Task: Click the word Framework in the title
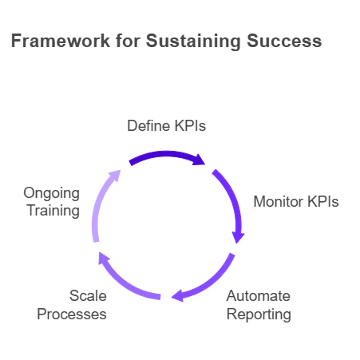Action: pyautogui.click(x=61, y=41)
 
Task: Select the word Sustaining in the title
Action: pyautogui.click(x=193, y=42)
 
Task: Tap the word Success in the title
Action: pyautogui.click(x=284, y=41)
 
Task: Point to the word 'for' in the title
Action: pyautogui.click(x=128, y=41)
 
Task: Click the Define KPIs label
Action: pyautogui.click(x=167, y=125)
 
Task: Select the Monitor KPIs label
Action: pyautogui.click(x=296, y=201)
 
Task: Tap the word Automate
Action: pyautogui.click(x=259, y=295)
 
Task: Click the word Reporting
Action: pyautogui.click(x=259, y=315)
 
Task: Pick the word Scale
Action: pyautogui.click(x=88, y=295)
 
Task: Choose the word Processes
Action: pyautogui.click(x=72, y=314)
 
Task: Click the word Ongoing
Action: pyautogui.click(x=52, y=193)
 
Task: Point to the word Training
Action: pyautogui.click(x=53, y=212)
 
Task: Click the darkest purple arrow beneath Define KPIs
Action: pyautogui.click(x=166, y=154)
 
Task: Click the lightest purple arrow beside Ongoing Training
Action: pyautogui.click(x=99, y=201)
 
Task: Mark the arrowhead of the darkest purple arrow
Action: pyautogui.click(x=199, y=160)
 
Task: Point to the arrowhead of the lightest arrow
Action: pyautogui.click(x=115, y=176)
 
